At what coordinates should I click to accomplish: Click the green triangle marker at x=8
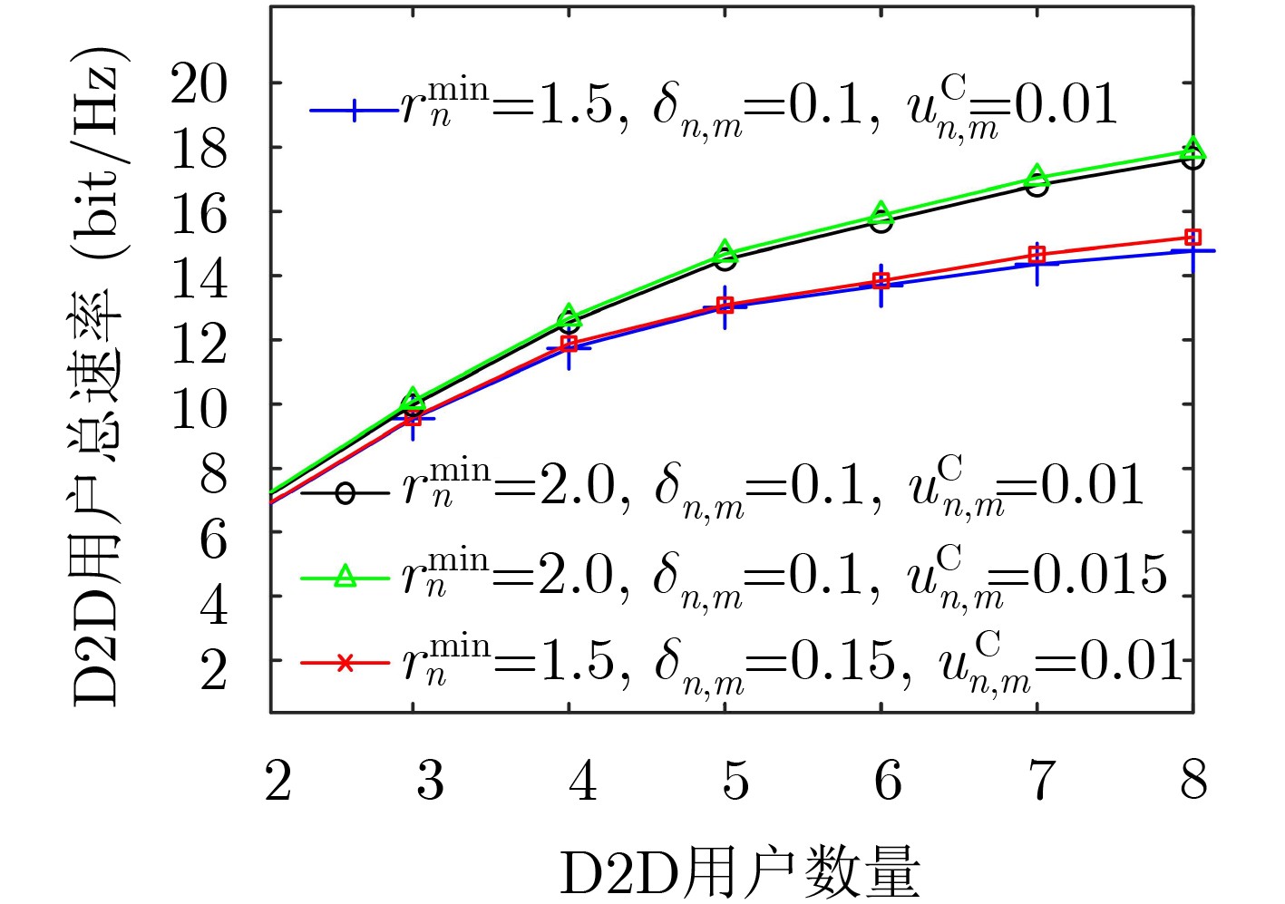(1193, 149)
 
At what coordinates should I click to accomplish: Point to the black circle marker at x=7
(1037, 185)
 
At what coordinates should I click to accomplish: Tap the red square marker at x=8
(1193, 238)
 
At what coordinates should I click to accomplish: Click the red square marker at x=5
(725, 306)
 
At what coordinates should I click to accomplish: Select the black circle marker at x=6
(881, 221)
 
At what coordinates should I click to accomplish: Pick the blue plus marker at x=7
(1037, 263)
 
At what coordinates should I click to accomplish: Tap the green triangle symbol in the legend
(345, 575)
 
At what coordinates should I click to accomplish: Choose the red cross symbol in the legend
(345, 664)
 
